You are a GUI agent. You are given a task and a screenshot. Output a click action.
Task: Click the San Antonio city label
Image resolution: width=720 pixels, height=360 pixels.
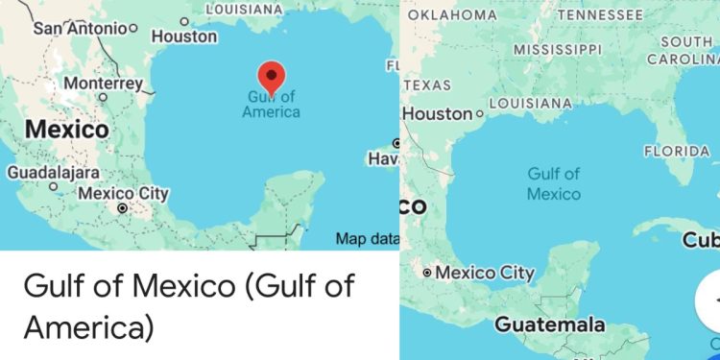79,28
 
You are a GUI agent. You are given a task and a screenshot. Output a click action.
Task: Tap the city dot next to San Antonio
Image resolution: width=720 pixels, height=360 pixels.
133,29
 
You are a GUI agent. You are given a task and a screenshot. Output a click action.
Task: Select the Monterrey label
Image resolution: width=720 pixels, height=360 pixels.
103,84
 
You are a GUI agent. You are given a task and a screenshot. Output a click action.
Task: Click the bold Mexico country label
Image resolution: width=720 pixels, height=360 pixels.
66,129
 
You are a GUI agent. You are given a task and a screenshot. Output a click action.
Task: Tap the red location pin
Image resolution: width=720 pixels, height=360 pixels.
272,77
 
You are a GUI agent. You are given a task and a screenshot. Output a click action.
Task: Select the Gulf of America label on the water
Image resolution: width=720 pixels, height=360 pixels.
271,104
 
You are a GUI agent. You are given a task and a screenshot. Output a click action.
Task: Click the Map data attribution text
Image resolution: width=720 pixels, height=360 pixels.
366,239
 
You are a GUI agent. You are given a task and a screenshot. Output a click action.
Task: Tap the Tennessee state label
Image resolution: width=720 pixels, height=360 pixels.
600,14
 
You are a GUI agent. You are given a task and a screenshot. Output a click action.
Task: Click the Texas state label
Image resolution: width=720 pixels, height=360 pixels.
427,85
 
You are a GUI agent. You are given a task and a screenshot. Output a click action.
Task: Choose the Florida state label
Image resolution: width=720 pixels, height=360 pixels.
677,151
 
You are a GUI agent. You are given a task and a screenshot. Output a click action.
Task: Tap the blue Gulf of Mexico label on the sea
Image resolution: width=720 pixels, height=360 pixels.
554,183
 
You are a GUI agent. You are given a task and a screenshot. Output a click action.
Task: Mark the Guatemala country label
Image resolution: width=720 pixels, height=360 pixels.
550,324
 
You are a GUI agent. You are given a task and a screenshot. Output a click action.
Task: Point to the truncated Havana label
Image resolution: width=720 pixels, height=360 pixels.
383,158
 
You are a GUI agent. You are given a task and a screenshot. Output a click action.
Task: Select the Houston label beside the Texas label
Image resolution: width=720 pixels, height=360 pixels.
438,113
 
